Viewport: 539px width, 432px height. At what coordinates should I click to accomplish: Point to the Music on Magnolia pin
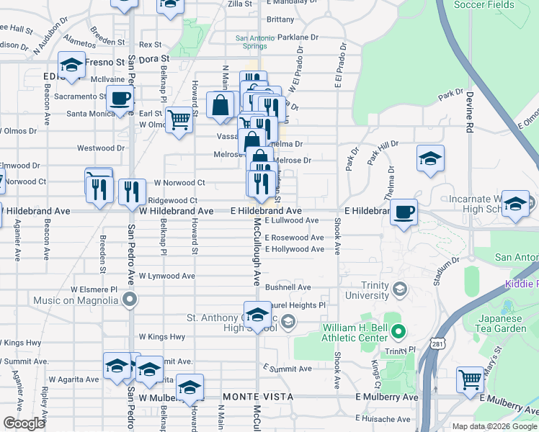point(130,299)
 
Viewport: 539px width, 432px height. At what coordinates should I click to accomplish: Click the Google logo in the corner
point(24,423)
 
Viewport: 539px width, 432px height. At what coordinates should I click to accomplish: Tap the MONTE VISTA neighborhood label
point(258,397)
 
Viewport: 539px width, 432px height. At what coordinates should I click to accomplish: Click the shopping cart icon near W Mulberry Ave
point(470,379)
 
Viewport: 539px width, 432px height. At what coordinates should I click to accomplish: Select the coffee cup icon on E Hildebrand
point(404,212)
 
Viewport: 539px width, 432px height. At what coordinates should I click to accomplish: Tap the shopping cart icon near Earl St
point(179,119)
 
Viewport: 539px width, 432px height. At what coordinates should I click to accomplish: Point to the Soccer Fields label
point(484,5)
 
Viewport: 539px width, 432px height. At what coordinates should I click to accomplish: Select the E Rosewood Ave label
point(294,238)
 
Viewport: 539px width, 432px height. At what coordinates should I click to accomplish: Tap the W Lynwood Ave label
point(167,276)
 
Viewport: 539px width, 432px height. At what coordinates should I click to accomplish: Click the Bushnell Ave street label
point(288,287)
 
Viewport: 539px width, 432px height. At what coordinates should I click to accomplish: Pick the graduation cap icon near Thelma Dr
point(429,159)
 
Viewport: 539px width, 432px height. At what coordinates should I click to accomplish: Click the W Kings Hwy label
point(162,337)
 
